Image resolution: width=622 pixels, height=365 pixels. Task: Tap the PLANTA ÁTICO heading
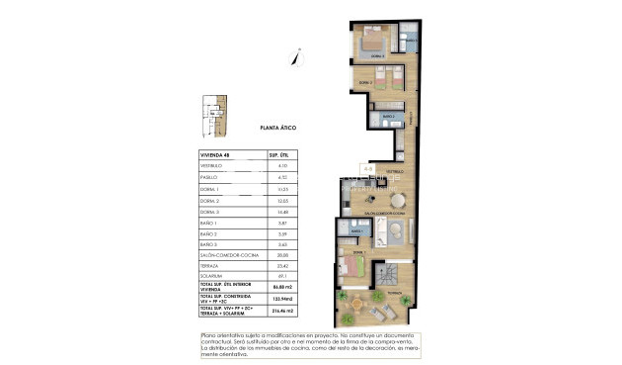point(277,129)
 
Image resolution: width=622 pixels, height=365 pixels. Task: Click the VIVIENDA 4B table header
point(215,154)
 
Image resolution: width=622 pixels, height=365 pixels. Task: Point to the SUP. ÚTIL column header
point(277,154)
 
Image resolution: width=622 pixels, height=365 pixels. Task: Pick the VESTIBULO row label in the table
point(214,165)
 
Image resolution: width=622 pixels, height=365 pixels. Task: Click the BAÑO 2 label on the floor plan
point(389,117)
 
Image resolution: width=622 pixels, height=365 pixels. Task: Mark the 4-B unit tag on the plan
point(367,169)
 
